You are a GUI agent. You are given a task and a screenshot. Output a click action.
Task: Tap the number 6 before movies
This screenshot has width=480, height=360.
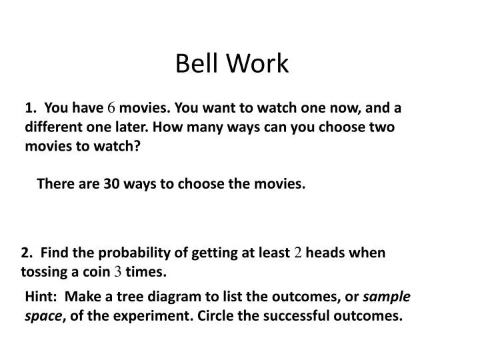click(112, 107)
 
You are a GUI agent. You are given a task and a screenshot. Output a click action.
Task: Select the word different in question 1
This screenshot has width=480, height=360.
click(53, 127)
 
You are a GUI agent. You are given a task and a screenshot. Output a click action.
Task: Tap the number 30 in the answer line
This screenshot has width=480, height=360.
click(111, 184)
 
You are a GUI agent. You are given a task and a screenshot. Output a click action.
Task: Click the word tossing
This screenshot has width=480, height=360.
click(43, 272)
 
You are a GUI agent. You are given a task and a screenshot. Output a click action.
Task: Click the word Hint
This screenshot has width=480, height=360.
click(40, 297)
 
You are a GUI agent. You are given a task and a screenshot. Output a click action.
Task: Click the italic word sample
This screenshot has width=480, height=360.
click(386, 297)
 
